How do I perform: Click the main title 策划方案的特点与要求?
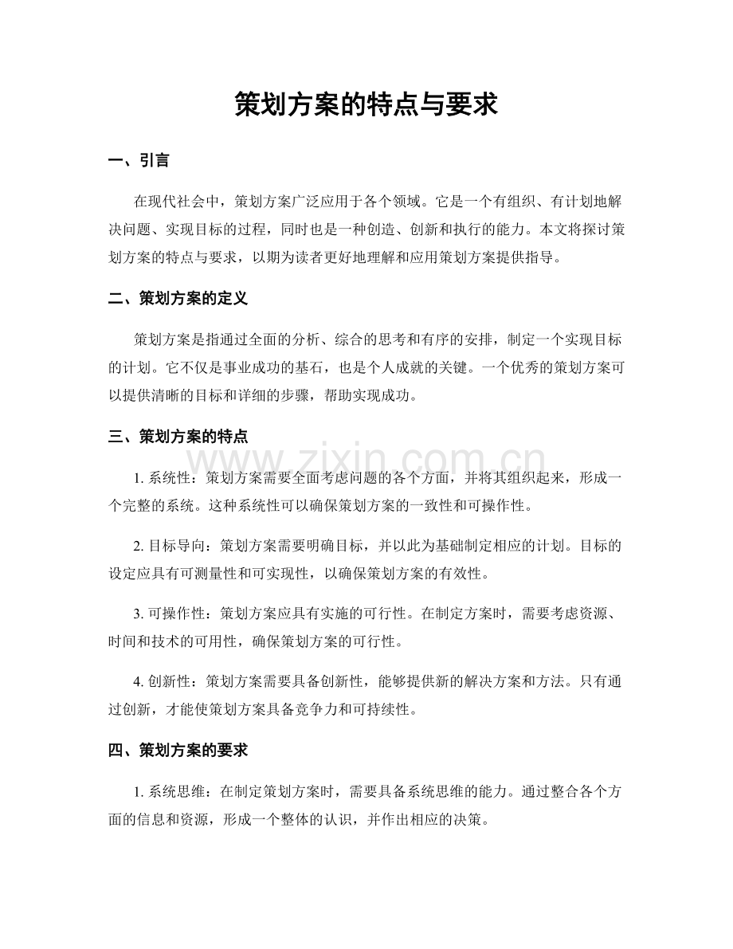coord(366,104)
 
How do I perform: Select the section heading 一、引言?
coord(138,161)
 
